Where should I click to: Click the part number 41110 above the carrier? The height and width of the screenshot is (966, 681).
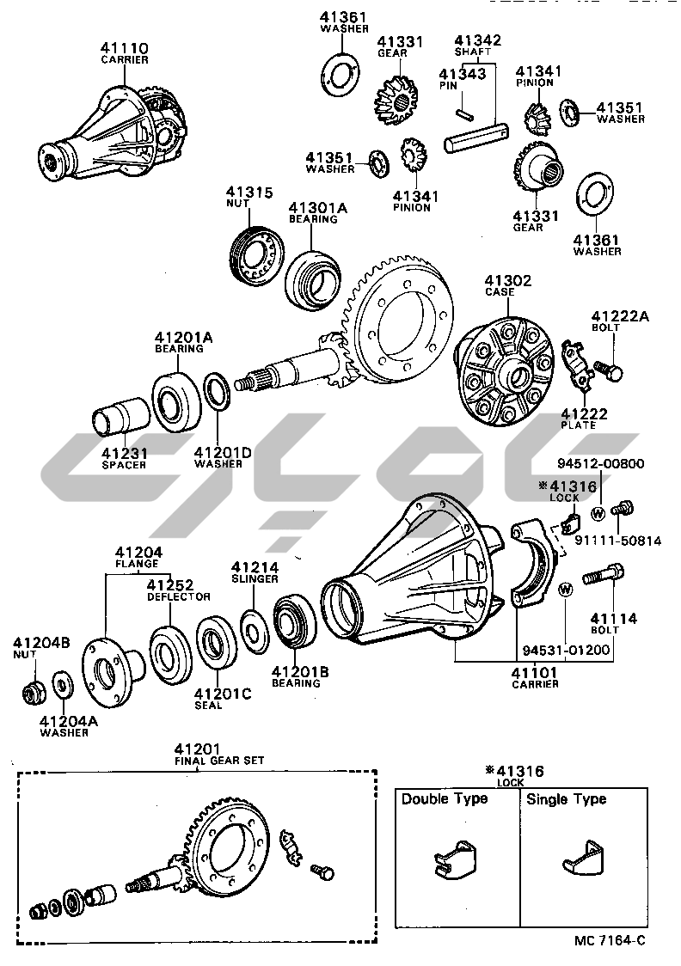coord(125,47)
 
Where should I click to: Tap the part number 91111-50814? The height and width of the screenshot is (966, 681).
coord(630,541)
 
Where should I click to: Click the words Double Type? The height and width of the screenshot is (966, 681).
coord(444,799)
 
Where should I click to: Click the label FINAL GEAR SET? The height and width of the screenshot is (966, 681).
coord(219,761)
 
